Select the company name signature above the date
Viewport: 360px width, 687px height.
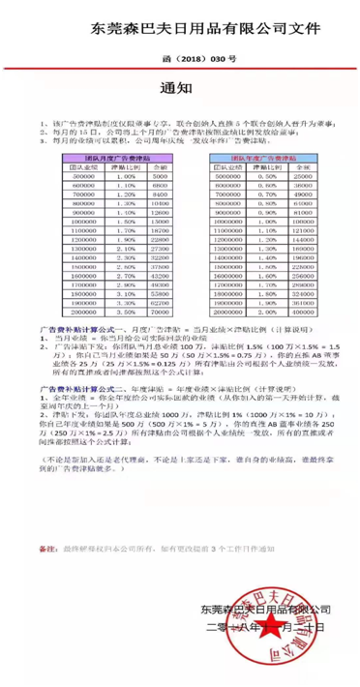259,608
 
